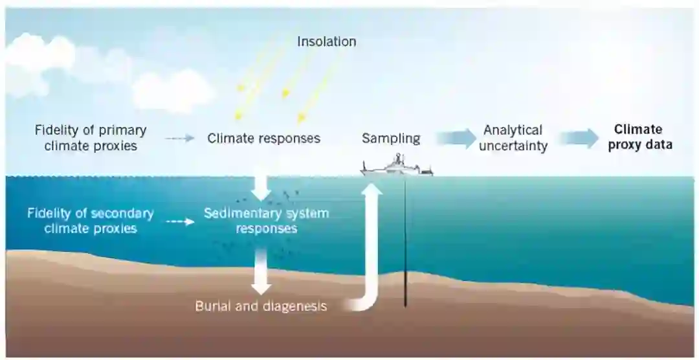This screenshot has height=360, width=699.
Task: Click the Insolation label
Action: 326,41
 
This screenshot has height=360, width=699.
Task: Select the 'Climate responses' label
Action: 263,138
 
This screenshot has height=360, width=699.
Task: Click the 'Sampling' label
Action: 391,138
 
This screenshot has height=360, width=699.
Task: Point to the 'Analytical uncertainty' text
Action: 513,138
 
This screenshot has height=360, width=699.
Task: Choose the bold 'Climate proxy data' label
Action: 639,137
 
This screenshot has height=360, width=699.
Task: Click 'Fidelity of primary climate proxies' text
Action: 91,138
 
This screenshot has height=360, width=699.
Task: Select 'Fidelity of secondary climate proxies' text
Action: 91,220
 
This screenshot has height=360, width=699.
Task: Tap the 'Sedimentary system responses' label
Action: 266,220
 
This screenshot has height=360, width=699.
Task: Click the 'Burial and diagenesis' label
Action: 261,306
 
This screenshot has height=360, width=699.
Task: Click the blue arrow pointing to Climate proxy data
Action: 579,138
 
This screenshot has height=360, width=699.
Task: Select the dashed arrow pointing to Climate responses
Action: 179,138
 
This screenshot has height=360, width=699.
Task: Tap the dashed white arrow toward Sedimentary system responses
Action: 180,221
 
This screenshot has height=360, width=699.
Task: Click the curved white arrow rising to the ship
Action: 372,259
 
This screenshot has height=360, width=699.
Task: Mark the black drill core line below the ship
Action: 406,246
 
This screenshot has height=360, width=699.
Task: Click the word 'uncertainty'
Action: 513,146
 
